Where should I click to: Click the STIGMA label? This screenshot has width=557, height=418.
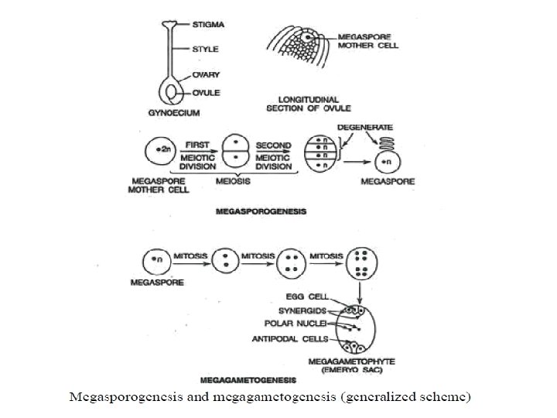[209, 26]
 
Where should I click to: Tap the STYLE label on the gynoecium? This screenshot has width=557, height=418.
[205, 50]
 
